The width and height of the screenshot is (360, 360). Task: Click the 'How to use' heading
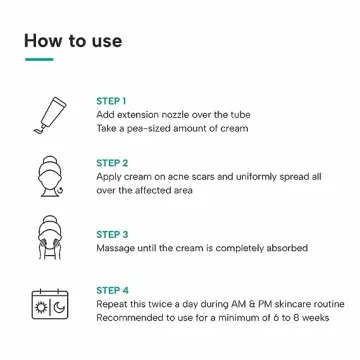(x=73, y=41)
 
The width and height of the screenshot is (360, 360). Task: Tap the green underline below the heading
(x=38, y=59)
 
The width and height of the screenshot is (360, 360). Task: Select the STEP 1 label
(x=111, y=101)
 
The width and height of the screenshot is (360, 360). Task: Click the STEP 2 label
(x=111, y=161)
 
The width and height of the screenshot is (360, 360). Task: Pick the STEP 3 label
(x=111, y=234)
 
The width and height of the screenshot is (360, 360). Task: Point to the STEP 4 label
(x=111, y=288)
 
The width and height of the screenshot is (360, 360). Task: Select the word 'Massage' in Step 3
(x=115, y=248)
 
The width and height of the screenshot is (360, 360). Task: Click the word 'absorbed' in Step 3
(x=284, y=248)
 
